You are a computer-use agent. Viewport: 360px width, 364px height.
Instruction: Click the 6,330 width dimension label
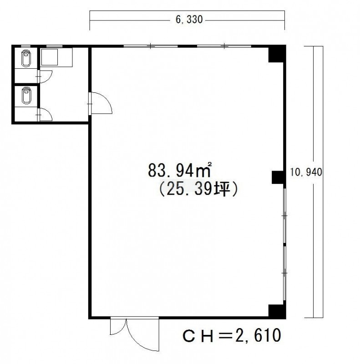pyautogui.click(x=189, y=20)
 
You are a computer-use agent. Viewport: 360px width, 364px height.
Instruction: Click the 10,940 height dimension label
pyautogui.click(x=306, y=172)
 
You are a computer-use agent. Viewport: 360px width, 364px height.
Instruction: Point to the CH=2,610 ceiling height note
pyautogui.click(x=232, y=335)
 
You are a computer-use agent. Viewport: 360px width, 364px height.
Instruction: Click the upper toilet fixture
pyautogui.click(x=26, y=58)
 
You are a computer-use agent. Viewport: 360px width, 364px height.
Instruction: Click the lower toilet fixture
pyautogui.click(x=26, y=96)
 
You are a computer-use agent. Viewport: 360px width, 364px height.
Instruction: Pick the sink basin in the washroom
pyautogui.click(x=49, y=57)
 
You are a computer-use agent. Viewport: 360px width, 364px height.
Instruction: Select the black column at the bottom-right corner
pyautogui.click(x=276, y=311)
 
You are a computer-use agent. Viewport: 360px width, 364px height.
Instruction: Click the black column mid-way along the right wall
pyautogui.click(x=278, y=177)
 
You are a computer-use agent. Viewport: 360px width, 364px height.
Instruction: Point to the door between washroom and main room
pyautogui.click(x=101, y=103)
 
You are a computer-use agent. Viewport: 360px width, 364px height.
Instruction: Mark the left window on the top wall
pyautogui.click(x=151, y=46)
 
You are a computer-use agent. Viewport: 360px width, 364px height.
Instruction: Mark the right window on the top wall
pyautogui.click(x=224, y=46)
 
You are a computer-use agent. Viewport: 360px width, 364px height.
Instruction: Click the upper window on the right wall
pyautogui.click(x=284, y=216)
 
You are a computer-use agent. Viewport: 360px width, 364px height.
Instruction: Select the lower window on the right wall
pyautogui.click(x=284, y=273)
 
